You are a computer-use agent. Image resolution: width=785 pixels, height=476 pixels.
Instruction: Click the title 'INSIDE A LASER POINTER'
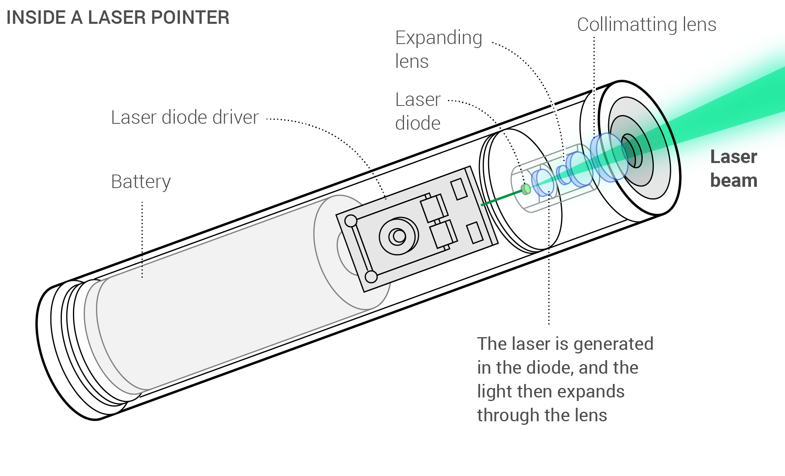(x=118, y=18)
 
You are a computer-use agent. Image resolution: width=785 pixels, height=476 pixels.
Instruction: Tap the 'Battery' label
(x=141, y=182)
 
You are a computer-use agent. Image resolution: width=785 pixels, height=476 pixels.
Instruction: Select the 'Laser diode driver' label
(x=184, y=118)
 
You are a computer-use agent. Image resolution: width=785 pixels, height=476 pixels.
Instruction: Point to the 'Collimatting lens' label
(x=646, y=25)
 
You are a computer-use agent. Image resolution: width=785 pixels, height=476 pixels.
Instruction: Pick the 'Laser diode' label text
(x=418, y=111)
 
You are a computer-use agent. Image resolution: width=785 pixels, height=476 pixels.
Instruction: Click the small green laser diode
(x=526, y=189)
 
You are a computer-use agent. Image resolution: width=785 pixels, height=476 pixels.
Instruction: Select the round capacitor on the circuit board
(x=398, y=236)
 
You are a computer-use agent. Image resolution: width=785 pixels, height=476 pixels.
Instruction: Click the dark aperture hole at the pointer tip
(x=630, y=151)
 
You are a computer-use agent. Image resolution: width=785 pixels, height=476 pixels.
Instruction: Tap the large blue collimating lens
(x=609, y=157)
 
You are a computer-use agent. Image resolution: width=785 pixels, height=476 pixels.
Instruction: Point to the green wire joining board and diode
(x=502, y=198)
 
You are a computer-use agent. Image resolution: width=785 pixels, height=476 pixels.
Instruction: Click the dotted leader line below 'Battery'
(x=142, y=238)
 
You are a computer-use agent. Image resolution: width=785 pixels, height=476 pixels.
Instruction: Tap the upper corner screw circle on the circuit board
(x=351, y=221)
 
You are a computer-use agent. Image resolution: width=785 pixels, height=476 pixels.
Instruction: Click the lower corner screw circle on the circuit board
(x=371, y=276)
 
